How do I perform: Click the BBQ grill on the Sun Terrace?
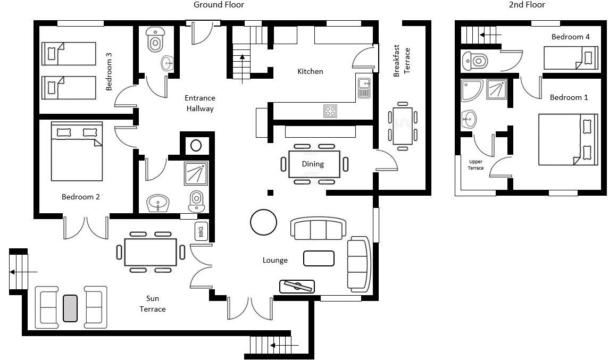(201, 231)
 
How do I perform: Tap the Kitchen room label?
(310, 71)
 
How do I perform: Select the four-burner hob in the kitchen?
(330, 111)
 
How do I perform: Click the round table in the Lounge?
(263, 222)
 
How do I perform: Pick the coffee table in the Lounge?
(319, 258)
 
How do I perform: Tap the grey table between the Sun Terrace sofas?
(70, 308)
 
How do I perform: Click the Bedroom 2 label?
(81, 197)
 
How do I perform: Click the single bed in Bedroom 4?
(571, 58)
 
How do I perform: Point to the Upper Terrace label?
(475, 165)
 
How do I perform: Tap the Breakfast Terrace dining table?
(403, 126)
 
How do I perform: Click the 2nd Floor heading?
(527, 5)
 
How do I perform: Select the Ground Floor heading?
(219, 5)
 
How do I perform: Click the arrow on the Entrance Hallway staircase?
(243, 69)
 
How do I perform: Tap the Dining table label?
(313, 164)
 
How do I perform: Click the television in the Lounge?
(297, 286)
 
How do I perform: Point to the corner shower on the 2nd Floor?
(472, 90)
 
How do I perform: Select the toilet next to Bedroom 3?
(155, 39)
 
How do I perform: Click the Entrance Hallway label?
(200, 103)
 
